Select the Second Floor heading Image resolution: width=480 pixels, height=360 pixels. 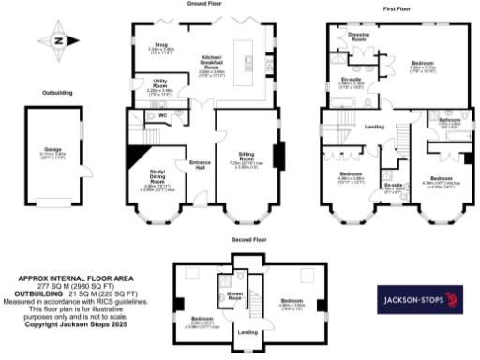247,240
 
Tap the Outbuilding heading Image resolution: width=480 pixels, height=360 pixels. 59,92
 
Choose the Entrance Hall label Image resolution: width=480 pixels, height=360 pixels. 200,166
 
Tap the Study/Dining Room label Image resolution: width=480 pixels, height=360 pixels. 157,175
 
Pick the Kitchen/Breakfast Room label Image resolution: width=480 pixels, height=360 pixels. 211,63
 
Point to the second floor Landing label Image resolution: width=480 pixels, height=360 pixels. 247,331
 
